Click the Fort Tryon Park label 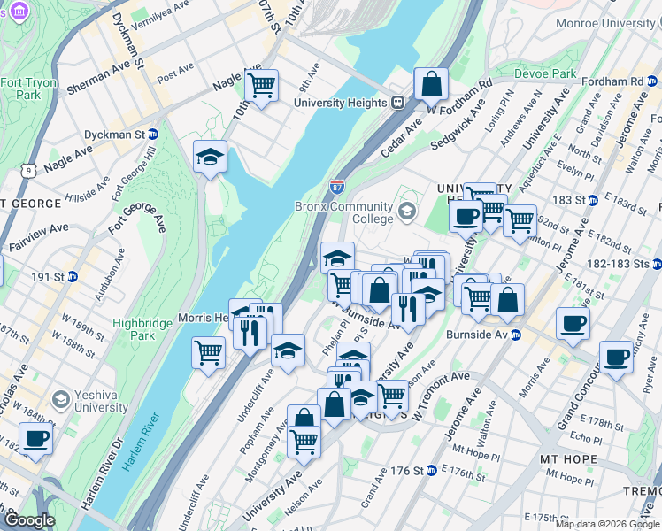pos(21,88)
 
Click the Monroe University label pos(611,23)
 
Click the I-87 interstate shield pos(337,187)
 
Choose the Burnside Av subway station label pos(478,335)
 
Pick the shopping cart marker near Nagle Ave pos(261,86)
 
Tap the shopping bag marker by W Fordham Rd pos(431,86)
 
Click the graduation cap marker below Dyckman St pos(210,158)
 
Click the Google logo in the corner pos(28,520)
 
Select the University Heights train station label pos(341,103)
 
